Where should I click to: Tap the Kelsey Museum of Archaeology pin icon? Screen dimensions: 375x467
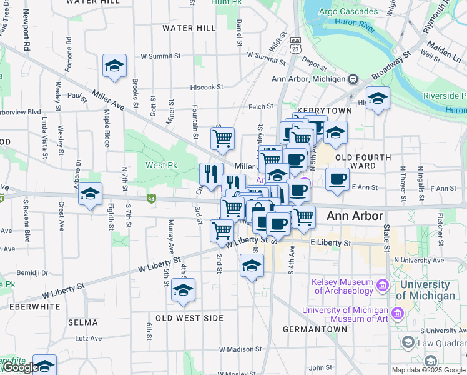click(x=383, y=286)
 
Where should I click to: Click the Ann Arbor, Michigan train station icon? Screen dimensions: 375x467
click(x=353, y=79)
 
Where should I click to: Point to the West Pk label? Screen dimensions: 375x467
click(x=162, y=165)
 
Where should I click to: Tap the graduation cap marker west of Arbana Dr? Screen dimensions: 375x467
click(x=91, y=194)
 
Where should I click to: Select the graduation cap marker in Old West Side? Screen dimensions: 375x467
click(x=183, y=291)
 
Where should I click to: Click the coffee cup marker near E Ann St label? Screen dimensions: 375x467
click(x=338, y=179)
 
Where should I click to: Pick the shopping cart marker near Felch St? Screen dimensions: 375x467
click(x=222, y=139)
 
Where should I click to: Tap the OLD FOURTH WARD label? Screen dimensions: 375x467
click(x=363, y=161)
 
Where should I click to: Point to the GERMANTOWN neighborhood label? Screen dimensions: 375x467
click(x=315, y=329)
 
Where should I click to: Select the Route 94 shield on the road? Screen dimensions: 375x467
click(x=151, y=199)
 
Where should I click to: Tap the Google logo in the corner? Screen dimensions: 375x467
click(x=20, y=367)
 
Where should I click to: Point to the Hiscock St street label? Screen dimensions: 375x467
click(x=207, y=87)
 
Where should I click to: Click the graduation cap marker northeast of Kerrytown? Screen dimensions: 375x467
click(x=378, y=99)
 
